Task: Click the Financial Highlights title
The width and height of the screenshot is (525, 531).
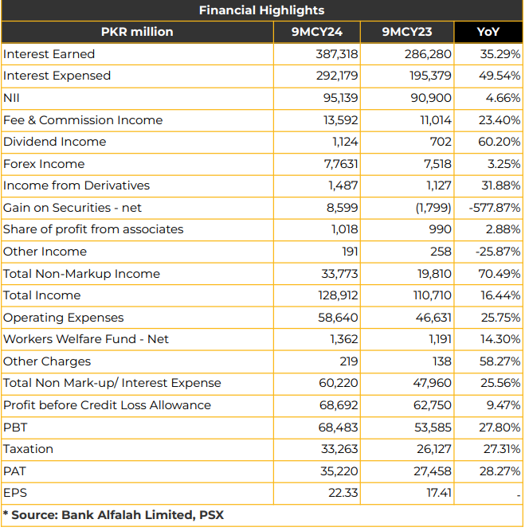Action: tap(261, 10)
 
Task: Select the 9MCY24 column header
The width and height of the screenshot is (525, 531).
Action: tap(316, 32)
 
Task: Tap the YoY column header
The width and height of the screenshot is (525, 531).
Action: tap(488, 32)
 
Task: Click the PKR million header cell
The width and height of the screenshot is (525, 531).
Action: tap(137, 32)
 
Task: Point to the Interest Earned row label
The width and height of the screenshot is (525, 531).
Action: tap(49, 54)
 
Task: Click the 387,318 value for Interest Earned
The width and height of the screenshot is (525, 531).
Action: tap(336, 54)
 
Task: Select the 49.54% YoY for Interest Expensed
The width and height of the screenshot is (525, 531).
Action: tap(500, 76)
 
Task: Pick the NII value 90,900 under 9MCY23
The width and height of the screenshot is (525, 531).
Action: tap(431, 98)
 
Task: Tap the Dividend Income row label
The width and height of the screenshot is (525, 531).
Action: tap(54, 142)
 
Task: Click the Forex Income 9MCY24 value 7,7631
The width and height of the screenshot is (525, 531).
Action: tap(341, 164)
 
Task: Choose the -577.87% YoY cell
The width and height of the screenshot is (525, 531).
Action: tap(495, 208)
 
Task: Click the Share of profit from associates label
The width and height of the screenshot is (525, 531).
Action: tap(93, 229)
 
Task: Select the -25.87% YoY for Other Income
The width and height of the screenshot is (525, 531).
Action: tap(498, 252)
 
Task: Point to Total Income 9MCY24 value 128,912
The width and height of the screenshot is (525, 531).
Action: tap(338, 295)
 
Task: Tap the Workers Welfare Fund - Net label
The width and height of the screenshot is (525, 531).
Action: tap(86, 339)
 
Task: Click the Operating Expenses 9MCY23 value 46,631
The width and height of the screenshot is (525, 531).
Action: tap(433, 318)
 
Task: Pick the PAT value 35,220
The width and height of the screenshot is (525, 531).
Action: tap(339, 471)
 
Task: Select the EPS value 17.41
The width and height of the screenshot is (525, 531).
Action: tap(439, 493)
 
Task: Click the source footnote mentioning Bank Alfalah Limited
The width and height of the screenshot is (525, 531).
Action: tap(113, 515)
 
